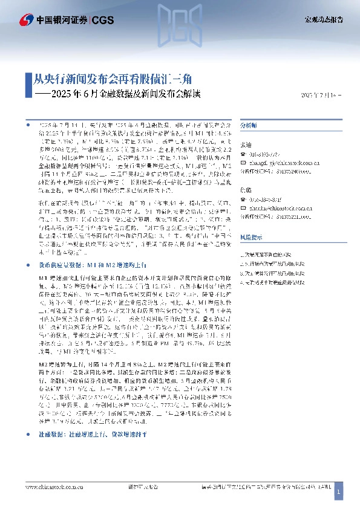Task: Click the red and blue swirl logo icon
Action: (27, 20)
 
